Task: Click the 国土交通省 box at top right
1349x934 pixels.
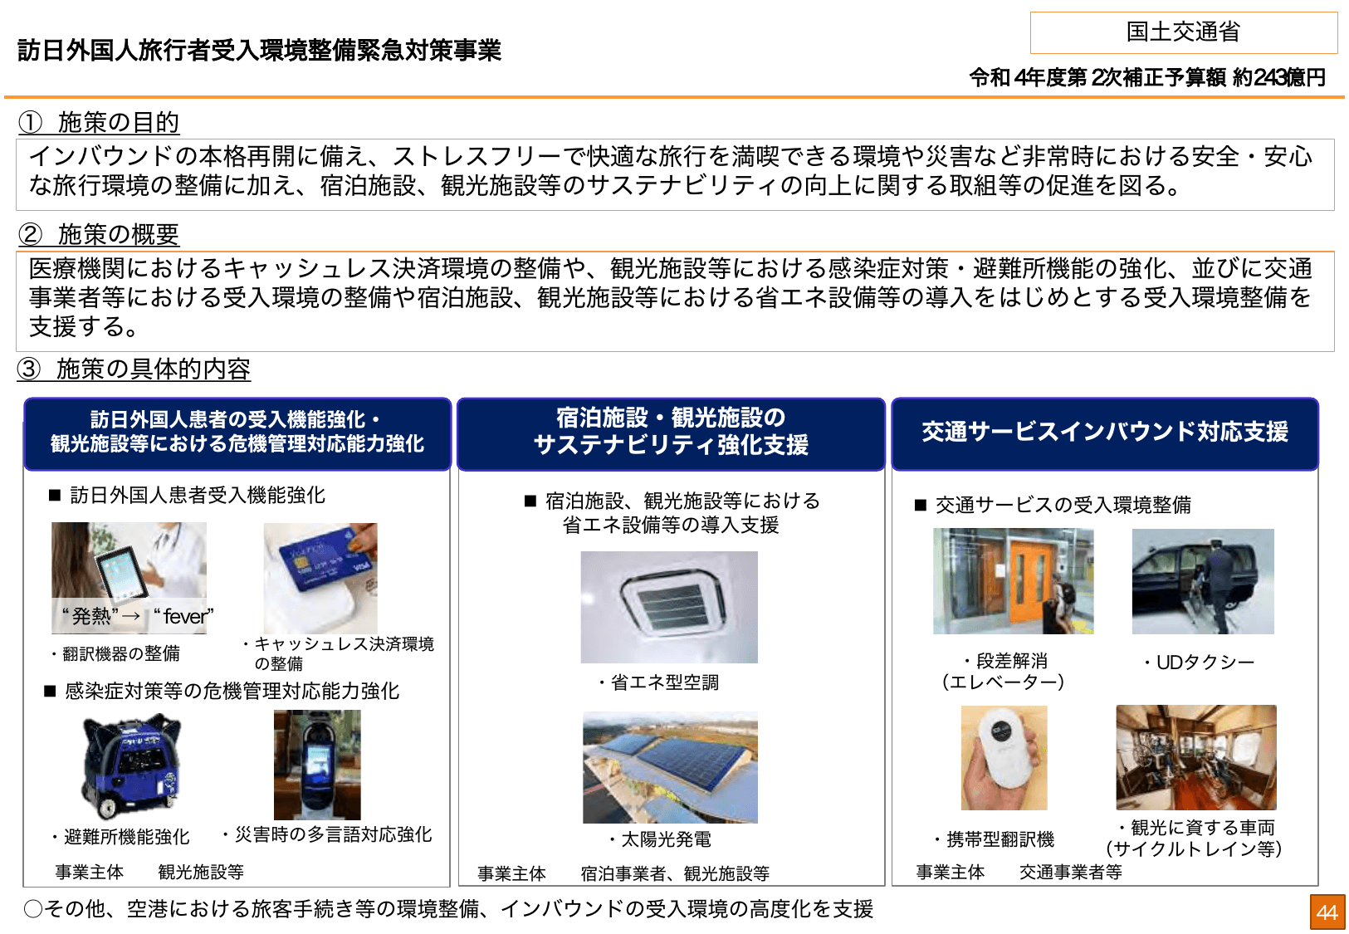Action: coord(1183,32)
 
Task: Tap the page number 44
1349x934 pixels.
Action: coord(1327,912)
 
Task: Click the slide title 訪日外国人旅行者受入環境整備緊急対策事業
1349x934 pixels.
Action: coord(259,51)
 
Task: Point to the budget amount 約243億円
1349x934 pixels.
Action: coord(1278,78)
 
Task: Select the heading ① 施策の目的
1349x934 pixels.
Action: coord(100,123)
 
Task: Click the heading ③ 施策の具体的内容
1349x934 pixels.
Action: coord(134,369)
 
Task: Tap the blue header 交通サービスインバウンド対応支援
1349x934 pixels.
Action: coord(1104,433)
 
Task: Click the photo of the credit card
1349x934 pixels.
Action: coord(320,578)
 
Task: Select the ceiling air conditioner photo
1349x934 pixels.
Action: coord(669,607)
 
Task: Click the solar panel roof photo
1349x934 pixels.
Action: coord(670,767)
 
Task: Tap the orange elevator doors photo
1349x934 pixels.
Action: coord(1013,581)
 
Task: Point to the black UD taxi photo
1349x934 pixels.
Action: coord(1202,581)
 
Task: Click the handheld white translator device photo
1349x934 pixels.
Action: coord(1004,757)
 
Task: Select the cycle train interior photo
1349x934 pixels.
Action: coord(1195,757)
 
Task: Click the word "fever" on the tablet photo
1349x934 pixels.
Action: coord(184,617)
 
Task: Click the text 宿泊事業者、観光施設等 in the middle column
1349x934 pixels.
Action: coord(674,873)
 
